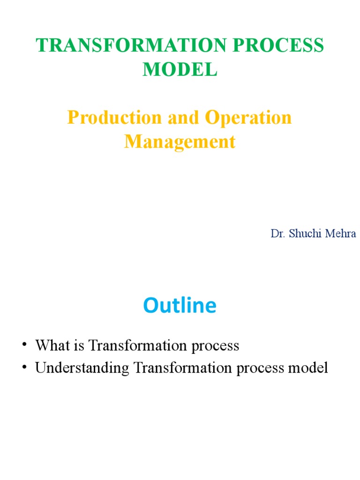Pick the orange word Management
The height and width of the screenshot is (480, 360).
[x=180, y=142]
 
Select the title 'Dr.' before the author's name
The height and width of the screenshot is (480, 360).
[x=277, y=233]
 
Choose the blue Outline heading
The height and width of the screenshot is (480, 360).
[x=180, y=306]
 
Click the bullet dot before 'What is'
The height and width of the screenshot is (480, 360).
[x=24, y=346]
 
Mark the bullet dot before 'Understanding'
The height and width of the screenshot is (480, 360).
[x=24, y=368]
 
